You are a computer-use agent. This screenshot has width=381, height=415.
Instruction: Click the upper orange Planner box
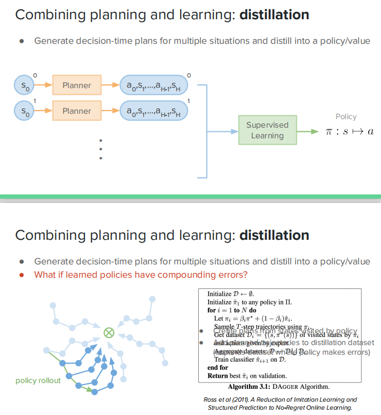(x=76, y=85)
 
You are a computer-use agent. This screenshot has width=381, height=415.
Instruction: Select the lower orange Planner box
(x=76, y=111)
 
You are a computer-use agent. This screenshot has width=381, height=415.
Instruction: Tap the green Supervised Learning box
(x=267, y=130)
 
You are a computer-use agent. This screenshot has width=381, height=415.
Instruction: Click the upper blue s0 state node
(x=25, y=85)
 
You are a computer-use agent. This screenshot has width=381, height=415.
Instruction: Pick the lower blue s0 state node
(x=25, y=111)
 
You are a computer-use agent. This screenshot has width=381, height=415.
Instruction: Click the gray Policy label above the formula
(x=346, y=116)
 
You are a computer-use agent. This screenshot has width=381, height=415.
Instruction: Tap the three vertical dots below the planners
(x=100, y=150)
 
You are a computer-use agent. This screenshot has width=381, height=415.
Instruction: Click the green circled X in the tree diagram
(x=108, y=333)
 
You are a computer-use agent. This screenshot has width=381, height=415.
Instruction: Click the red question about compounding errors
(x=141, y=275)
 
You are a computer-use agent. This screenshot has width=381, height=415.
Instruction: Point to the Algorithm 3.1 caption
(x=278, y=386)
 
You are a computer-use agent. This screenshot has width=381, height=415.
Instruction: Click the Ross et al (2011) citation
(x=280, y=403)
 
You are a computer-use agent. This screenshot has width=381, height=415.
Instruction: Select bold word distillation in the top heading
(x=274, y=14)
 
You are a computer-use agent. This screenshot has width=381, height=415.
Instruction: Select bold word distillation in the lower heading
(x=274, y=236)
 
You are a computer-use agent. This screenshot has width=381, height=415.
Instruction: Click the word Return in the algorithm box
(x=217, y=375)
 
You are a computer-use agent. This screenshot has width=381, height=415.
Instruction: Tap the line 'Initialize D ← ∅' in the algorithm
(x=231, y=294)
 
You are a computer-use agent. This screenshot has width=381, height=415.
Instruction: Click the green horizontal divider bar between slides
(x=190, y=197)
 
